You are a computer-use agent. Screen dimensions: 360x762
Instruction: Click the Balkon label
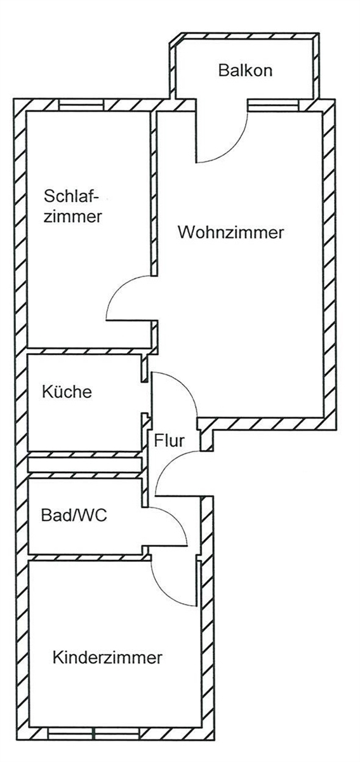point(245,70)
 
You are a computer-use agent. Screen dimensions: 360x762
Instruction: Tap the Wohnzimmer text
point(230,232)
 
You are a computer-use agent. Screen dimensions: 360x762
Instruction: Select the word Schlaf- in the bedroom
point(71,196)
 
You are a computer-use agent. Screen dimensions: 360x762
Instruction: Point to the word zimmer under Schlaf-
point(73,217)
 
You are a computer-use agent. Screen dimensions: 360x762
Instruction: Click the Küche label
point(67,392)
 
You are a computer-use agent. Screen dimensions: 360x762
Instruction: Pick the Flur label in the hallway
point(169,441)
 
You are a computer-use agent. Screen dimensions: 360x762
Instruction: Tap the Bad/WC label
point(74,515)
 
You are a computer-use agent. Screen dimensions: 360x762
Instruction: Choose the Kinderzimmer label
point(107,657)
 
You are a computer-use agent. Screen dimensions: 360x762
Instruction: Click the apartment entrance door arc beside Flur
point(167,463)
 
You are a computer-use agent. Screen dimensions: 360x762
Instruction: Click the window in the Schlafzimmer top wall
point(81,105)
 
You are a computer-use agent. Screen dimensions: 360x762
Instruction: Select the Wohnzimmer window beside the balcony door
point(273,105)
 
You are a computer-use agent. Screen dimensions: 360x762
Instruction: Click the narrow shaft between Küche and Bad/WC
point(84,464)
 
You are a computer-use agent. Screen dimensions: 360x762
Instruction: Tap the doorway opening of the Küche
point(145,398)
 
